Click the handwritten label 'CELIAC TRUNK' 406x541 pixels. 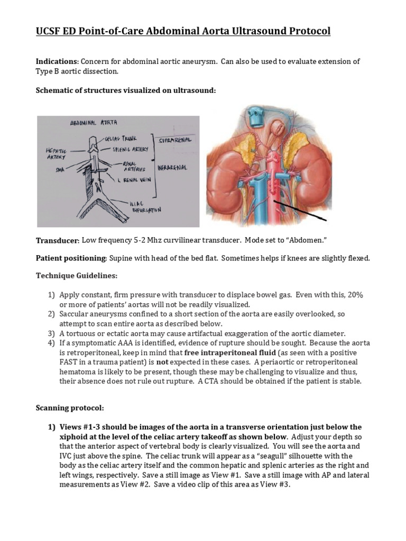pos(121,138)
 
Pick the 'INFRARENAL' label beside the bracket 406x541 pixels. pos(171,167)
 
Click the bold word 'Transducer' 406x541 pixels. pos(57,241)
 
